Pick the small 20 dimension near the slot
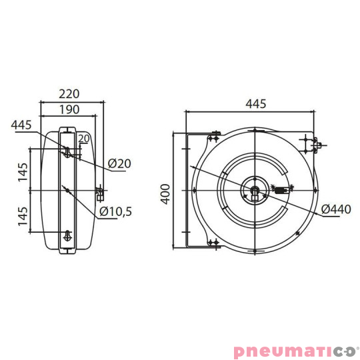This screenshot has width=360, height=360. (x=83, y=139)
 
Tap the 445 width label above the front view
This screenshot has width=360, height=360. (x=255, y=103)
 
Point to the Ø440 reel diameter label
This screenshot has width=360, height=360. (x=335, y=209)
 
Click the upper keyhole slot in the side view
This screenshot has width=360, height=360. (x=67, y=153)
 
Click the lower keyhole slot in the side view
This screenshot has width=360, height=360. (x=67, y=235)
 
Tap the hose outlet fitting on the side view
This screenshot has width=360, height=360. (x=100, y=194)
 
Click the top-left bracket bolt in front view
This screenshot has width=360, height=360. (x=213, y=139)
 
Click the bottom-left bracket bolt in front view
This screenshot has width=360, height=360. (x=213, y=243)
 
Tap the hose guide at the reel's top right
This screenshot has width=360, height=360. (x=312, y=143)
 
